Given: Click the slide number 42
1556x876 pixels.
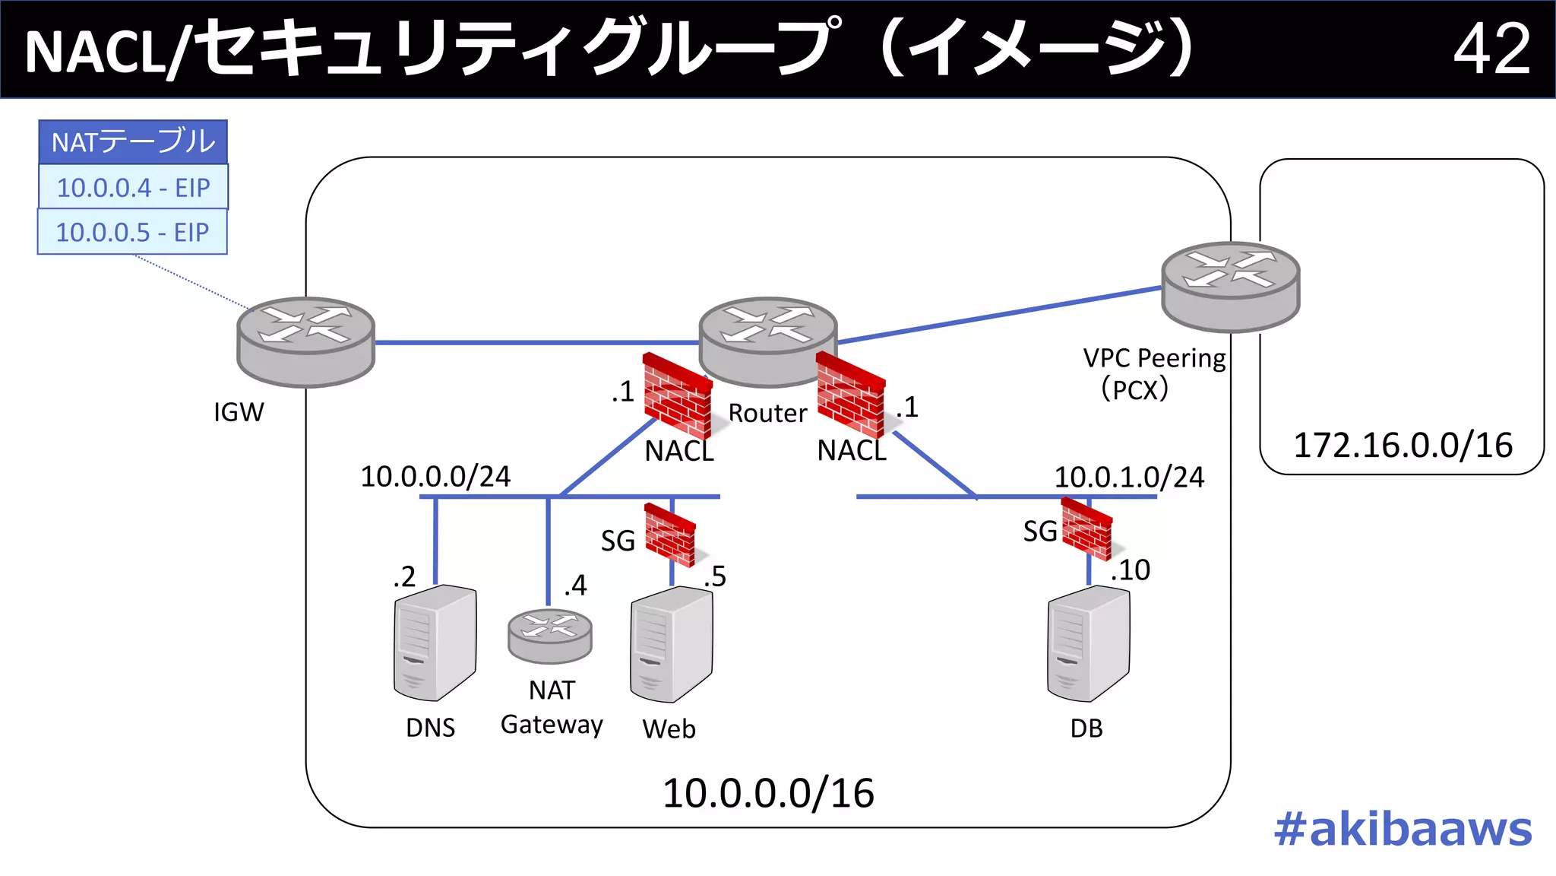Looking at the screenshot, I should (1491, 49).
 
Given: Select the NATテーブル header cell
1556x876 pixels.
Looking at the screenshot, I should (133, 142).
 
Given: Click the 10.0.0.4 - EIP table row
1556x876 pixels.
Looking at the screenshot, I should (133, 187).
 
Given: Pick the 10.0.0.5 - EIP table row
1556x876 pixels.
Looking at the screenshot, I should (132, 232).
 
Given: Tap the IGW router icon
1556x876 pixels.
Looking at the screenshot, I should (305, 341).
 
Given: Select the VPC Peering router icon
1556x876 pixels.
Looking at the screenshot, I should (1230, 286).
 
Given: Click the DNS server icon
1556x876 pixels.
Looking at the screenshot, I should (435, 643).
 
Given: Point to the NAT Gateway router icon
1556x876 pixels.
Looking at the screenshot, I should (549, 636).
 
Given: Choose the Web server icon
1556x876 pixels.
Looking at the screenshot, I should (671, 644).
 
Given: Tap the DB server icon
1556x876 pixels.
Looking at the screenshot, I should (1088, 643).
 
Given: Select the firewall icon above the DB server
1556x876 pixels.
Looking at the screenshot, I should (1086, 528).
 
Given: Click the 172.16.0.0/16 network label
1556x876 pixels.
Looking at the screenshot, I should (1403, 446).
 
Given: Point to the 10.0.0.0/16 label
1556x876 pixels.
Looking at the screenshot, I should (768, 794).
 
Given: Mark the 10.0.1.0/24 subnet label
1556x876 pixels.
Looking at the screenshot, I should (1129, 478).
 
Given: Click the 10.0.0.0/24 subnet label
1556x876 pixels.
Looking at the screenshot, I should (435, 477).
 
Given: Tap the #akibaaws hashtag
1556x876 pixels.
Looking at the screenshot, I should (1403, 829).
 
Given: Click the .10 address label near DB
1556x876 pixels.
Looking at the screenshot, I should (1131, 570).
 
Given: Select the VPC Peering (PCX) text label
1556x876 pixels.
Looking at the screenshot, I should (1153, 373).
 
